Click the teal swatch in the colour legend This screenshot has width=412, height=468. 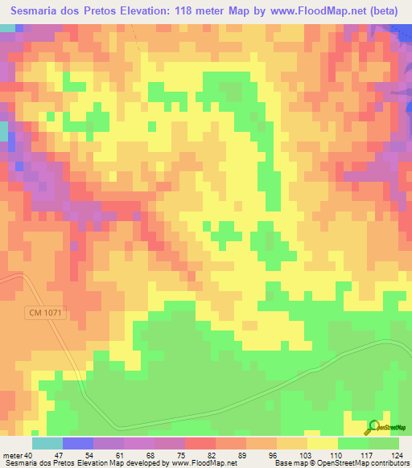[x=47, y=444]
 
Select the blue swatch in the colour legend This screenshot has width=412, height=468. [x=78, y=444]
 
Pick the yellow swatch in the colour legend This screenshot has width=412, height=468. [x=322, y=444]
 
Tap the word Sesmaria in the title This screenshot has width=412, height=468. [x=39, y=12]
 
